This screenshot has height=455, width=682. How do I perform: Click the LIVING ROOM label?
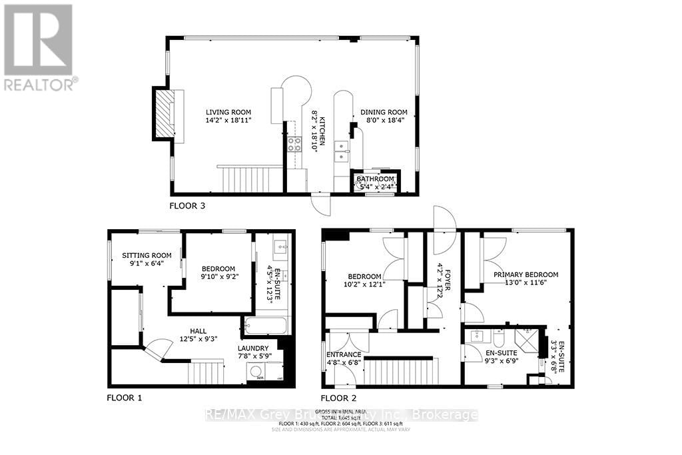pos(228,112)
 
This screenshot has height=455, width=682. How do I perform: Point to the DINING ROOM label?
pos(383,112)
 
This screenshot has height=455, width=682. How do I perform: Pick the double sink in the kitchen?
pos(340,151)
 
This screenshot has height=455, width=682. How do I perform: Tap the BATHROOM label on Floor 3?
pos(375,179)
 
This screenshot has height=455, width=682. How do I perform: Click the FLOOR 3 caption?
pos(187,206)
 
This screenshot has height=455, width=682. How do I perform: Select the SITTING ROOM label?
pos(146,255)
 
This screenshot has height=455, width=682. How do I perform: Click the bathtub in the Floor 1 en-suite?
pos(266,327)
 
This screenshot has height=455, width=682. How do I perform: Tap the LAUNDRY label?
pos(253,348)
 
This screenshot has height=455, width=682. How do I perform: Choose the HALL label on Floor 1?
pos(197,331)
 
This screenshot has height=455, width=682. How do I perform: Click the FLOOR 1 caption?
pos(125,398)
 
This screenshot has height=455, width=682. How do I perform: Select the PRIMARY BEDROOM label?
pos(525,274)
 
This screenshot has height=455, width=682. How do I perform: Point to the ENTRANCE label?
pos(344,354)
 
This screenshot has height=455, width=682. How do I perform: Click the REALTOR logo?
pos(39,47)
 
